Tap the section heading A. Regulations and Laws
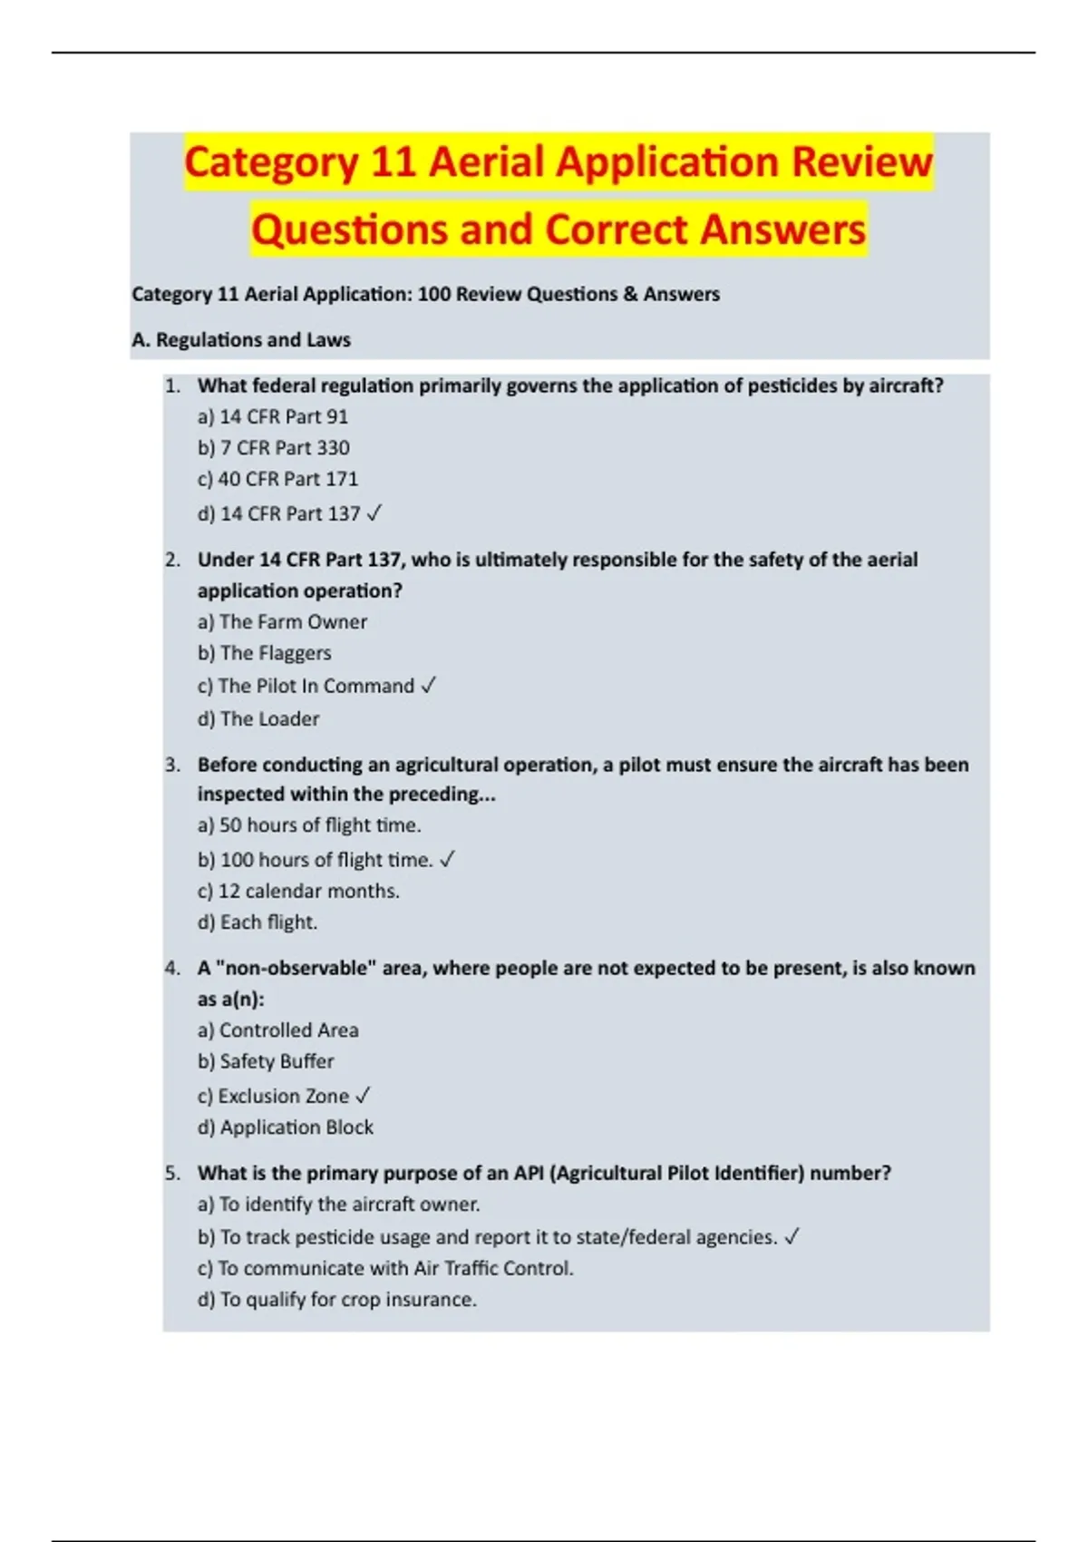click(241, 340)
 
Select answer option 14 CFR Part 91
click(273, 417)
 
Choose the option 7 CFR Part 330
click(274, 448)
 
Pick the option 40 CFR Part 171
click(277, 479)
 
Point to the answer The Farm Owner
click(283, 622)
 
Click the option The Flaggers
click(265, 653)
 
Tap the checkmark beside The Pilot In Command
click(429, 687)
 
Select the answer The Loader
click(258, 719)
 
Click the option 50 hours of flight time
click(309, 825)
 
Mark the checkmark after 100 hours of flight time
click(447, 860)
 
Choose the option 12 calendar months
click(298, 892)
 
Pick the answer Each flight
click(257, 922)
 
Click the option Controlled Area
click(278, 1030)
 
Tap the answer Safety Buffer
click(266, 1061)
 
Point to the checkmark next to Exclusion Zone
click(363, 1097)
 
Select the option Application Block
click(286, 1127)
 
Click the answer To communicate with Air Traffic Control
click(385, 1269)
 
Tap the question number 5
click(173, 1174)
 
